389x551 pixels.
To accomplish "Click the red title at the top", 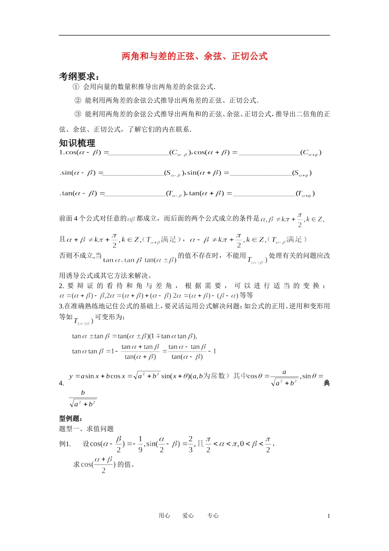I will click(194, 56).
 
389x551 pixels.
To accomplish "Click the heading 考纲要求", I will click(79, 76).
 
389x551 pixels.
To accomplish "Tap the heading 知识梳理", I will click(77, 143).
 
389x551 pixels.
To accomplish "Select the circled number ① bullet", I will click(76, 87).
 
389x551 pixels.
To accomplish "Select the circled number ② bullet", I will click(78, 100).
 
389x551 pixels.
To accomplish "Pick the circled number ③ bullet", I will click(78, 114).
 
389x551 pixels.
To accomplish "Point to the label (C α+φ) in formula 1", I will click(311, 153).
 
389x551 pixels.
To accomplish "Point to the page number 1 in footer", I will click(328, 516).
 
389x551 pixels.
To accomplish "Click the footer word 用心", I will click(164, 516).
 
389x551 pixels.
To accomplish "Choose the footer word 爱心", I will click(188, 516).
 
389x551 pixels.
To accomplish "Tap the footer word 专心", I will click(213, 516).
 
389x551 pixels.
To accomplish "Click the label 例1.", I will click(65, 444).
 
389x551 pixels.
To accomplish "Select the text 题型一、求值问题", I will click(86, 429).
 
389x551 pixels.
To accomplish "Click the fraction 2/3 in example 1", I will click(190, 444).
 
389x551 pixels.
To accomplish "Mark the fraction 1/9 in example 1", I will click(140, 444).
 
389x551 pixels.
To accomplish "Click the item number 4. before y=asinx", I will click(61, 383).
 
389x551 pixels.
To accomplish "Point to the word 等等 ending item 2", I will click(247, 296).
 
